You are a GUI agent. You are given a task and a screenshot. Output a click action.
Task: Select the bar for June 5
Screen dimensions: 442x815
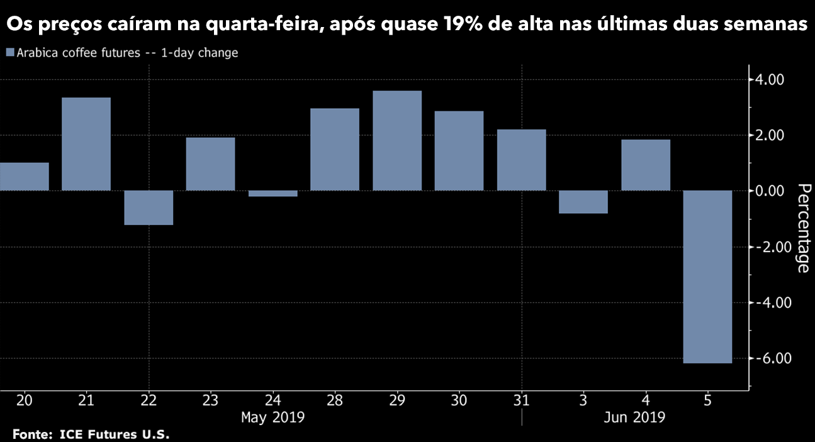pos(707,277)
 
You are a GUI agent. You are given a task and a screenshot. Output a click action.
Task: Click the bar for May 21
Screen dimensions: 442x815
pos(86,144)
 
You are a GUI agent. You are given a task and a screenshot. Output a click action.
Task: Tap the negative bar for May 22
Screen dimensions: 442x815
pos(149,207)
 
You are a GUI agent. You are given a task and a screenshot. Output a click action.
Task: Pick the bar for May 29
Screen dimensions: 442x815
pos(397,141)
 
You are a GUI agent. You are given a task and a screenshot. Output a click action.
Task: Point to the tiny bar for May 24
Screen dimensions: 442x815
pos(273,194)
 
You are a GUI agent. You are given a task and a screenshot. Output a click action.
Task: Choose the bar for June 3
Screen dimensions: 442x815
pos(583,202)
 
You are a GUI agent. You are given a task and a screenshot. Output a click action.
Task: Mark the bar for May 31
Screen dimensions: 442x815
pos(521,160)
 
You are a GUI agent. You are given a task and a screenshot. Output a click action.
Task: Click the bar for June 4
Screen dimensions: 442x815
pos(646,165)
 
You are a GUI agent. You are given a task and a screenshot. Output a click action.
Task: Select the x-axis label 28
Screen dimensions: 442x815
pos(334,401)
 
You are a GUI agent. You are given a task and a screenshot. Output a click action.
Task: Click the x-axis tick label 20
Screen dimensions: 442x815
pos(24,401)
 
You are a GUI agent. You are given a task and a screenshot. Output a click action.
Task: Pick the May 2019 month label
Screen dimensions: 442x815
pos(273,417)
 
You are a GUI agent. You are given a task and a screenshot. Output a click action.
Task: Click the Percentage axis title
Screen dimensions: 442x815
pos(802,228)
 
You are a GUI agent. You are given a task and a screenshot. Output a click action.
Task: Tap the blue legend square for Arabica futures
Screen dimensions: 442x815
pos(9,53)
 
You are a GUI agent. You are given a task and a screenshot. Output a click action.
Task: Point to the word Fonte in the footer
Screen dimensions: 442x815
pos(31,434)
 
